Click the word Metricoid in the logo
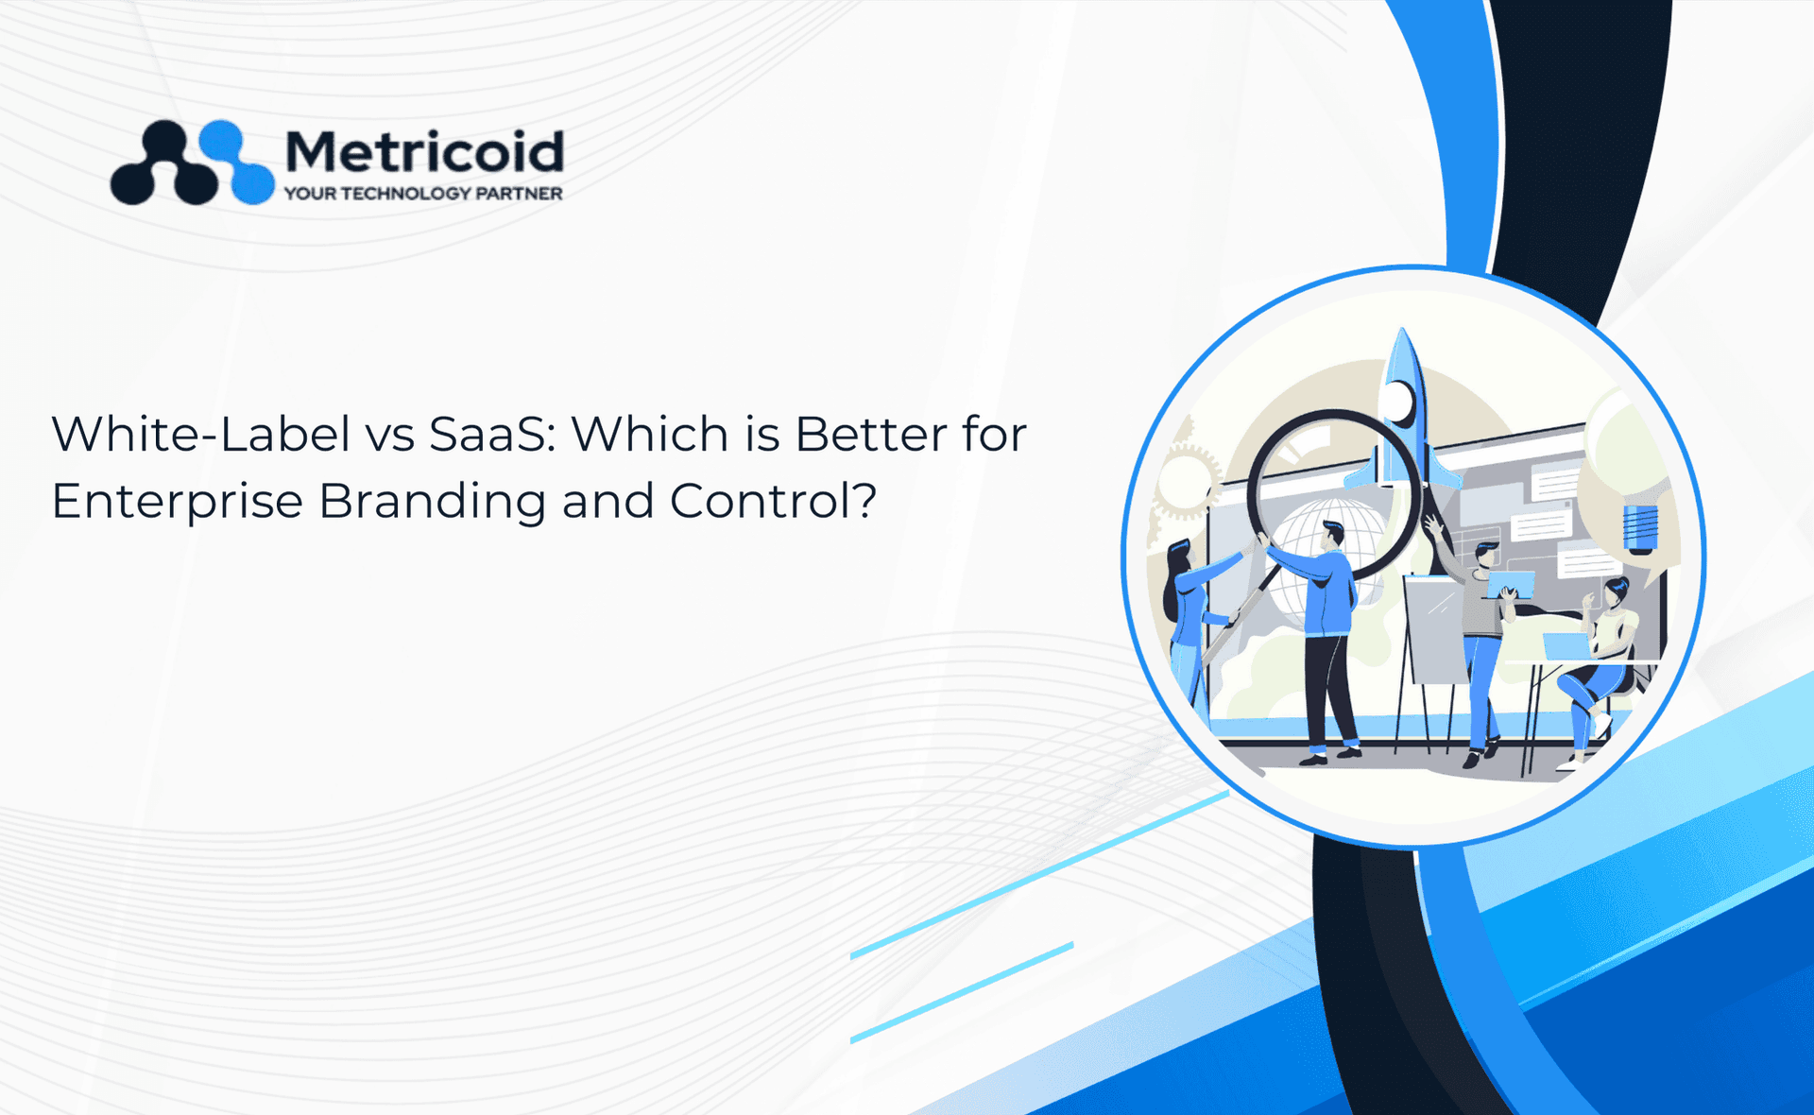point(424,151)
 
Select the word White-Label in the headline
point(201,434)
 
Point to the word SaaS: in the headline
point(492,434)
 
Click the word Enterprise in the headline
point(177,502)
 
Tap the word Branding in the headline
point(432,502)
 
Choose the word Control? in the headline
point(773,501)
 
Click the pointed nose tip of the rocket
point(1403,330)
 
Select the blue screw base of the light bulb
point(1640,528)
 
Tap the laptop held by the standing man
point(1510,585)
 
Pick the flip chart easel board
point(1436,629)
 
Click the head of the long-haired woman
point(1179,559)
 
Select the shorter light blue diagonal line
point(962,992)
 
